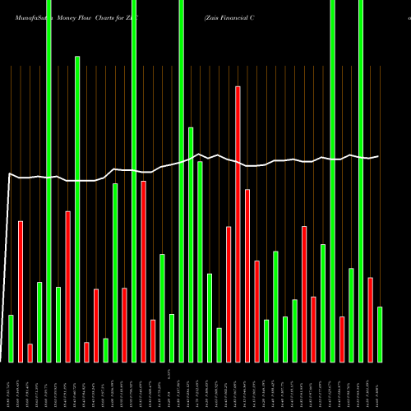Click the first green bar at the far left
(x=11, y=338)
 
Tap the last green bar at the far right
(x=380, y=334)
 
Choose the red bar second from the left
(x=21, y=291)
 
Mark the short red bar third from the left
(x=30, y=353)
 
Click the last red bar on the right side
(x=371, y=320)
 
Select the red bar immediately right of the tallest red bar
(x=247, y=275)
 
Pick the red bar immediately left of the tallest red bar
(x=229, y=293)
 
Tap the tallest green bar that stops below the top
(x=77, y=209)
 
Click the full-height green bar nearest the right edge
(x=361, y=181)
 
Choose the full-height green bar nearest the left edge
(x=48, y=181)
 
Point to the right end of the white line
(x=379, y=156)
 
